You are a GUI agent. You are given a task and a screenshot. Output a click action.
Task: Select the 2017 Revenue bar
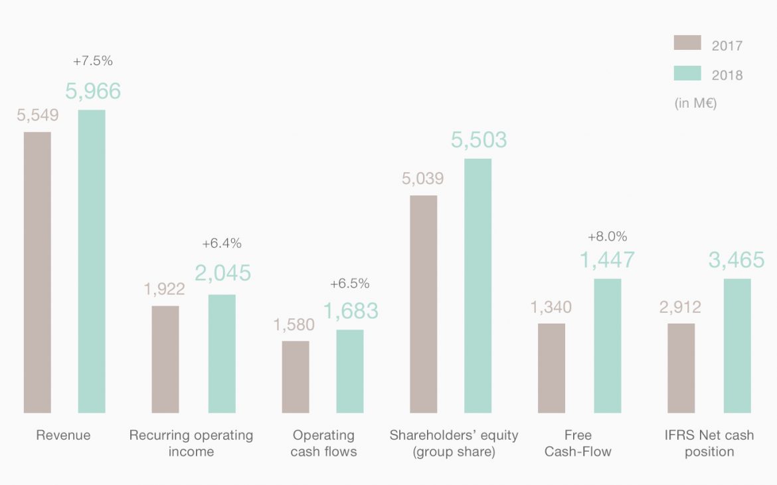(37, 272)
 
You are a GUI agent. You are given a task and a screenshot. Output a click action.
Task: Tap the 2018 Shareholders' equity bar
(478, 286)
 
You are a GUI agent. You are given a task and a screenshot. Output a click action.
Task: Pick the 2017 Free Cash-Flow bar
(551, 368)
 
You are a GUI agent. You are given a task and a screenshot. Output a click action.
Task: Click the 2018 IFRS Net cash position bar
(737, 345)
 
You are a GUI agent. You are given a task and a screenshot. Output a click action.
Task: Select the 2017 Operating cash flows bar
(296, 377)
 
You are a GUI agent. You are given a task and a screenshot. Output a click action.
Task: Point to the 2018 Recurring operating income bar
(222, 353)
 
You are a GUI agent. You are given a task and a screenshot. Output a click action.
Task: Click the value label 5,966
(93, 91)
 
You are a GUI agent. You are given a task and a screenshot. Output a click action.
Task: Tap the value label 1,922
(165, 289)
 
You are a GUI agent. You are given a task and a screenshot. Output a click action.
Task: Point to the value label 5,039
(422, 178)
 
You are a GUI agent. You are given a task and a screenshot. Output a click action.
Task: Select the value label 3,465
(736, 260)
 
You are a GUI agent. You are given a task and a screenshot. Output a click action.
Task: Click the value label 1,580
(294, 325)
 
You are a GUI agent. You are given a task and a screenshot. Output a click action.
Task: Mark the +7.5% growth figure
(93, 61)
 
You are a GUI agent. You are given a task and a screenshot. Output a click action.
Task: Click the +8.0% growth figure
(607, 237)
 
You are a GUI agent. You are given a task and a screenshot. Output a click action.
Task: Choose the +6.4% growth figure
(222, 244)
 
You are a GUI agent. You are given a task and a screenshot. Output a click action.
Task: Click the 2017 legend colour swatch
(687, 43)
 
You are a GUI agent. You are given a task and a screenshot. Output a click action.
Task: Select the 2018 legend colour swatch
(687, 73)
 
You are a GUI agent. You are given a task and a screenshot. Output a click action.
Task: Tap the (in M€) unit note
(695, 104)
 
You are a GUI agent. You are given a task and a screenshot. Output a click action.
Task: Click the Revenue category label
(63, 436)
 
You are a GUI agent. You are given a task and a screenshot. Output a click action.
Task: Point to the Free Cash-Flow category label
(578, 443)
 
